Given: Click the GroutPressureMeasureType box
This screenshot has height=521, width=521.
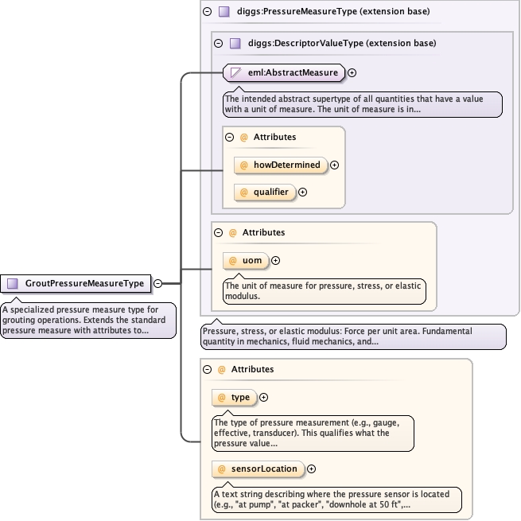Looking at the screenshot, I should pos(76,283).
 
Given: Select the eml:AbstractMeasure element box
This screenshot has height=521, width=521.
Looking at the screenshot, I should pos(284,72).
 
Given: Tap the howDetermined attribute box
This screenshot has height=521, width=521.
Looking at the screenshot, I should pos(281,165).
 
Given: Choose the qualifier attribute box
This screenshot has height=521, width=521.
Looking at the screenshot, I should pos(265,192).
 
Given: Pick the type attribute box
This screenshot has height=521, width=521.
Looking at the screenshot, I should pos(235,397).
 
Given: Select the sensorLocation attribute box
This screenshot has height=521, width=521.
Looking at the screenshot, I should pos(259,469).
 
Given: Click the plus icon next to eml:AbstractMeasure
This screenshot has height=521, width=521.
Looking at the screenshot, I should pos(352,72).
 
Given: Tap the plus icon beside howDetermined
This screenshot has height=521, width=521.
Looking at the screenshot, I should pos(335,165).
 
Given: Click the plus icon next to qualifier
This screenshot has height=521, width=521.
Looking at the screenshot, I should pos(302,192).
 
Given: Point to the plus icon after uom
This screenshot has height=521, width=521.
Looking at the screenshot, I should pos(276,260).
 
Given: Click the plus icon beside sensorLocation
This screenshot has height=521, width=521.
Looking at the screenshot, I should pos(312,469).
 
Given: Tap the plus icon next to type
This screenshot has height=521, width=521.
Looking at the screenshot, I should pos(264,397).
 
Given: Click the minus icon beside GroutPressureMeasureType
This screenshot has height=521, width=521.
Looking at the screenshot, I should pos(157,283).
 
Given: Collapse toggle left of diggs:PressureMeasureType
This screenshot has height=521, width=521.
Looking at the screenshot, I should pos(208,12).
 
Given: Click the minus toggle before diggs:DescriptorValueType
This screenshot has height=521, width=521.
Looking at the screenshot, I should pos(218,43).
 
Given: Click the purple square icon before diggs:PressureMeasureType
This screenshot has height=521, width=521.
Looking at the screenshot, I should pos(224,12).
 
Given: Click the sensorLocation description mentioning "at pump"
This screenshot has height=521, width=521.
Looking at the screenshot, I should pos(336,499).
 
